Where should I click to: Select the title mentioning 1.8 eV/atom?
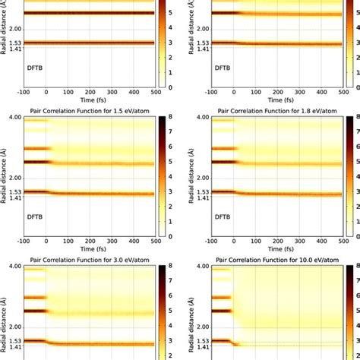tap(276, 111)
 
